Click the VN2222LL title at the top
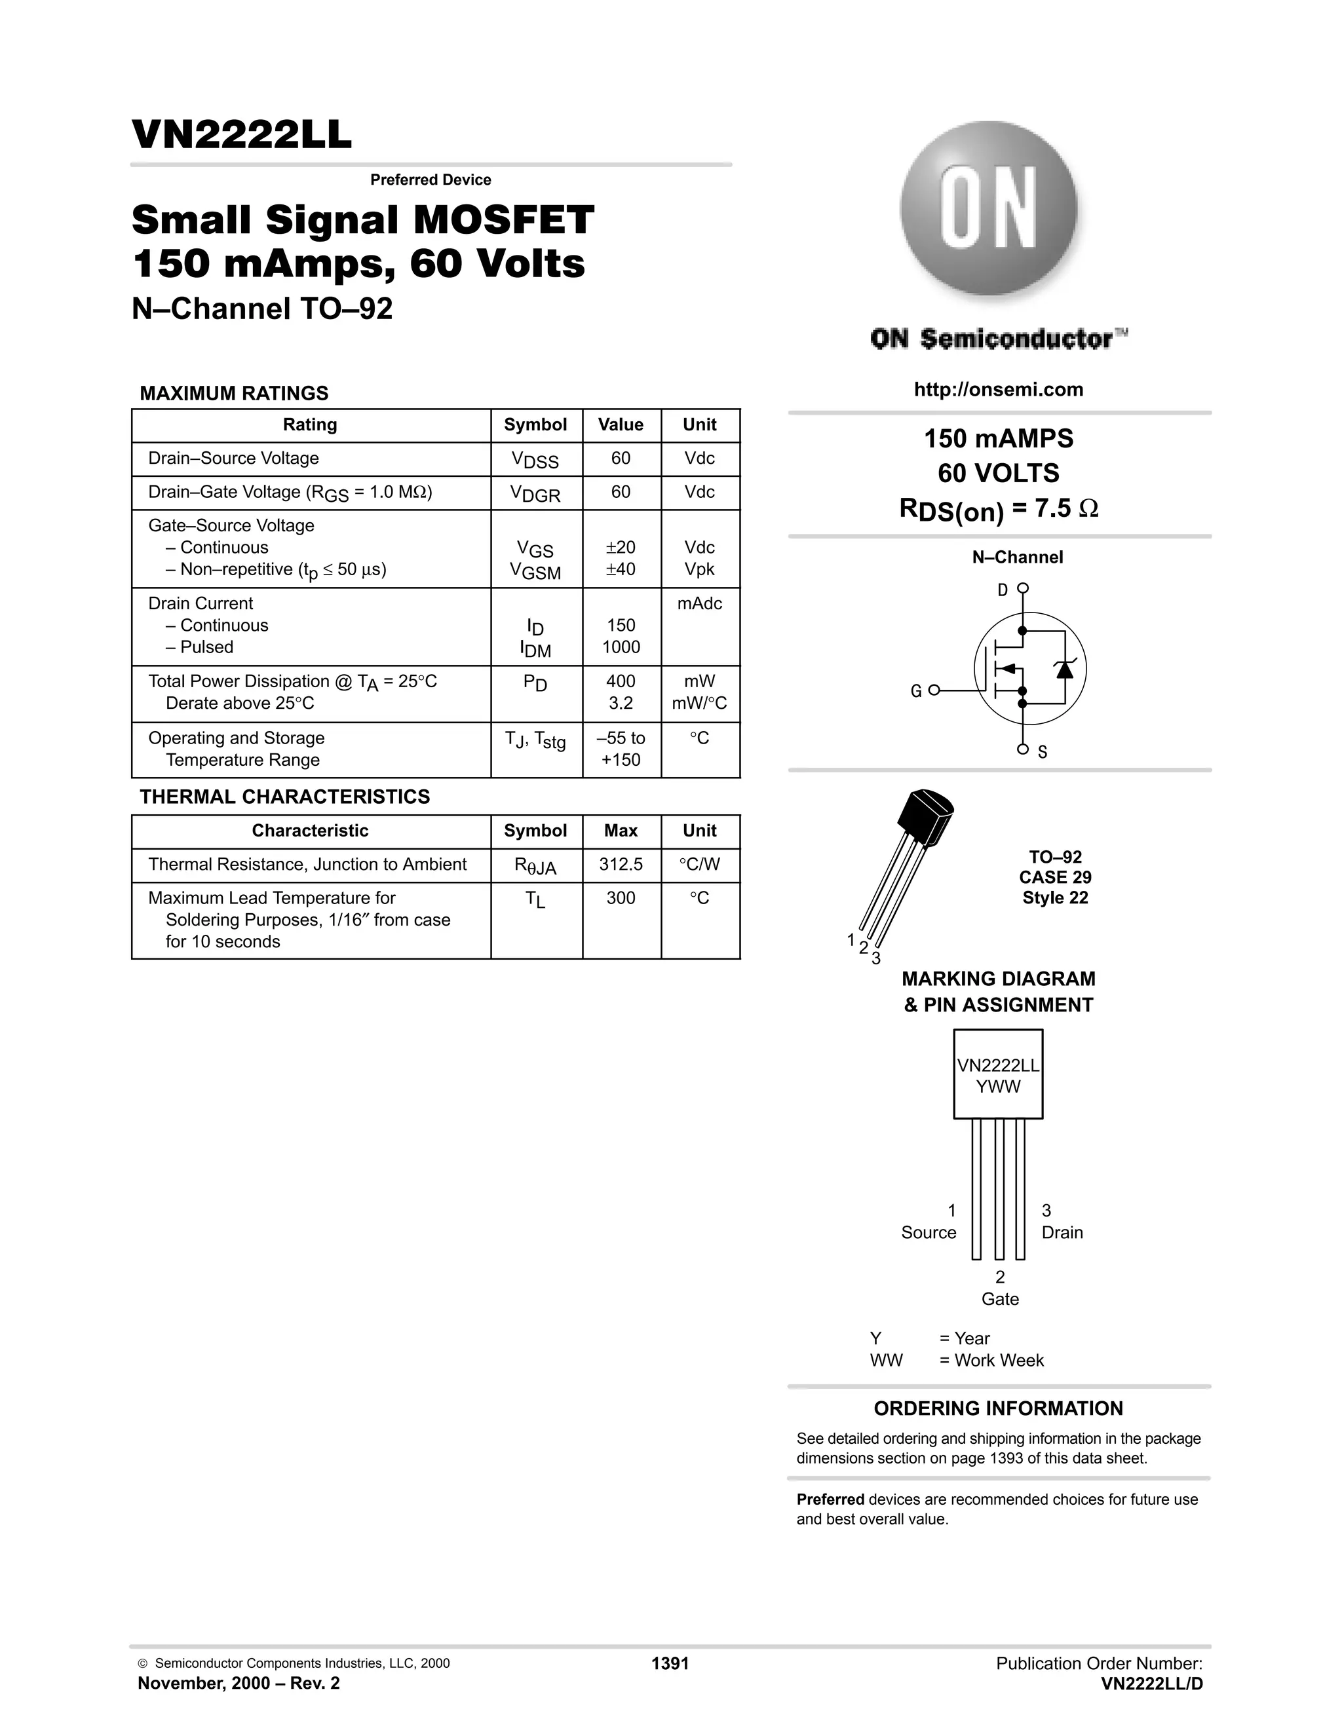tap(241, 135)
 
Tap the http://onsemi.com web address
tap(999, 390)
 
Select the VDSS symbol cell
tap(535, 459)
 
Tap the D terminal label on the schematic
tap(1003, 590)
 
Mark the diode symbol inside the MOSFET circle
tap(1065, 670)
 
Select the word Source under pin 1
tap(928, 1232)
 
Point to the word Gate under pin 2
tap(999, 1299)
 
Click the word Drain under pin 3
tap(1062, 1232)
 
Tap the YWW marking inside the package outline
tap(998, 1087)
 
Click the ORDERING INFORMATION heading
tap(998, 1408)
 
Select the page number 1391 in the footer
tap(670, 1664)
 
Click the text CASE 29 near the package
tap(1055, 878)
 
